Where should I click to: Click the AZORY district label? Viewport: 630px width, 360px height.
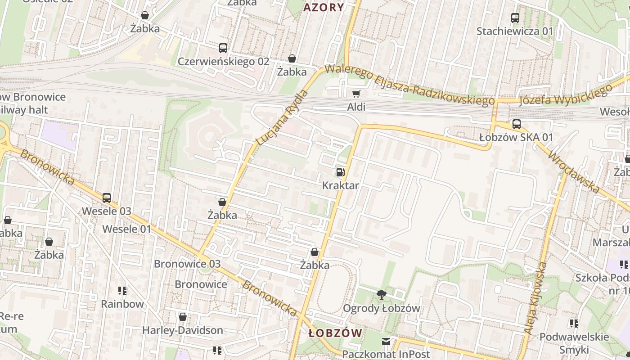pyautogui.click(x=324, y=7)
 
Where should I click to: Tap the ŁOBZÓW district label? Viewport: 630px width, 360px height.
pyautogui.click(x=336, y=333)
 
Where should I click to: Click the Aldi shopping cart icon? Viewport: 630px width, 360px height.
pyautogui.click(x=356, y=94)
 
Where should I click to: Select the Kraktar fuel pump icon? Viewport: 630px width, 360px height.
pyautogui.click(x=341, y=172)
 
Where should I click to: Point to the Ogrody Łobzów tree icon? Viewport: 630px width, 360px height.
pyautogui.click(x=382, y=295)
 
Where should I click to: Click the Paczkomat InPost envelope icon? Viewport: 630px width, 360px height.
pyautogui.click(x=386, y=341)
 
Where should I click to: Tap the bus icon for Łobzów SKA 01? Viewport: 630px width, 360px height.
pyautogui.click(x=516, y=124)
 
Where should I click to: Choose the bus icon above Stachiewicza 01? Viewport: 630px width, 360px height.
pyautogui.click(x=515, y=18)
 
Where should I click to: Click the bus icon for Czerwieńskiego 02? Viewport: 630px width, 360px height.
pyautogui.click(x=223, y=48)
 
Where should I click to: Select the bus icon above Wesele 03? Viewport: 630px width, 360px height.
pyautogui.click(x=107, y=198)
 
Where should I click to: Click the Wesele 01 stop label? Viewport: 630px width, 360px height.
pyautogui.click(x=127, y=229)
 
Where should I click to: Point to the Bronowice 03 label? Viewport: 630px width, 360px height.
pyautogui.click(x=187, y=264)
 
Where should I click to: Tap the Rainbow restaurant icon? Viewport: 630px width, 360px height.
pyautogui.click(x=122, y=291)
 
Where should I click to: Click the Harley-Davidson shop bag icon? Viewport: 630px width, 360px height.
pyautogui.click(x=183, y=317)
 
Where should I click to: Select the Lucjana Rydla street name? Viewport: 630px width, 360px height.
pyautogui.click(x=282, y=117)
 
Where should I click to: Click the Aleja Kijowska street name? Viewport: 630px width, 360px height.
pyautogui.click(x=535, y=298)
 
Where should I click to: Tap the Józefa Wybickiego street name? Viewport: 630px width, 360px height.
pyautogui.click(x=566, y=94)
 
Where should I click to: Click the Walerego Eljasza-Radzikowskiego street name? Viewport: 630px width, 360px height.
pyautogui.click(x=409, y=85)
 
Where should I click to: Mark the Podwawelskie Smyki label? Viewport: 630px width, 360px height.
pyautogui.click(x=574, y=343)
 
